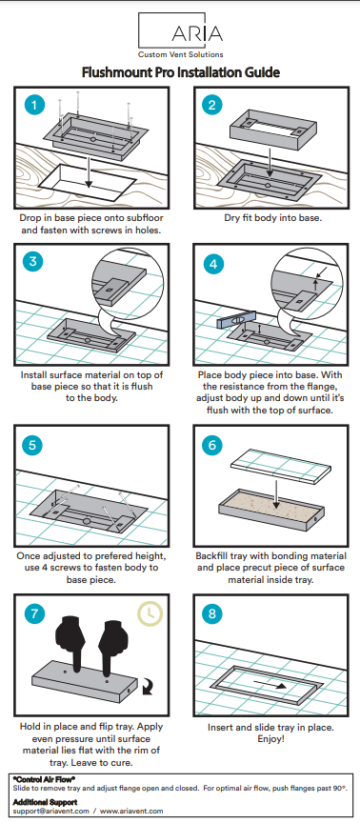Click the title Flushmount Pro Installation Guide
click(x=180, y=72)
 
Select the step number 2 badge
click(x=212, y=105)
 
